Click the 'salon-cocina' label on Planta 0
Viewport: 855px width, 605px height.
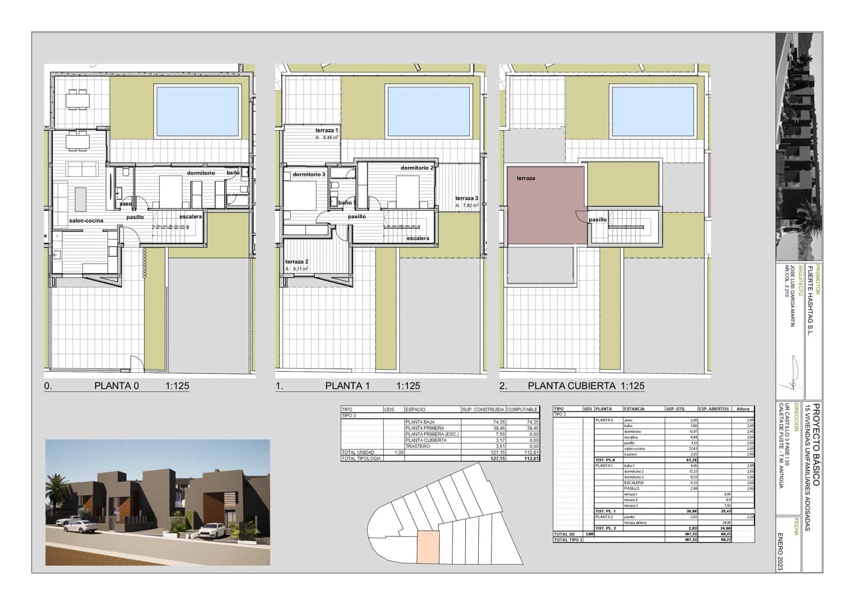pyautogui.click(x=86, y=220)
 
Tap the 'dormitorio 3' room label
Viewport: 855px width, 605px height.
pyautogui.click(x=309, y=174)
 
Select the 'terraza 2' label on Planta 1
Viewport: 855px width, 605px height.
pyautogui.click(x=297, y=262)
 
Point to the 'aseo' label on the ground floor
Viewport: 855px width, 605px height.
pyautogui.click(x=126, y=204)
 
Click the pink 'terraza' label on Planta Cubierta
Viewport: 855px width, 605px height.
pyautogui.click(x=525, y=178)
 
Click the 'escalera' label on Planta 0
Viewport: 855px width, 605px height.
pyautogui.click(x=190, y=217)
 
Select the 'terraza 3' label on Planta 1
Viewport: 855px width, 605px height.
pyautogui.click(x=467, y=198)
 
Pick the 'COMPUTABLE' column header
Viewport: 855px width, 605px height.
pyautogui.click(x=522, y=409)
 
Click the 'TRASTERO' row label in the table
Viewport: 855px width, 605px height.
pyautogui.click(x=417, y=446)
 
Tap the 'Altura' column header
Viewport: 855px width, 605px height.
pyautogui.click(x=743, y=409)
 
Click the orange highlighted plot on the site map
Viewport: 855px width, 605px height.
pyautogui.click(x=428, y=546)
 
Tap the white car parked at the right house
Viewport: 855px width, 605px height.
pyautogui.click(x=212, y=530)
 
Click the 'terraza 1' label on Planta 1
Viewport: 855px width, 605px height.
pyautogui.click(x=327, y=131)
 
